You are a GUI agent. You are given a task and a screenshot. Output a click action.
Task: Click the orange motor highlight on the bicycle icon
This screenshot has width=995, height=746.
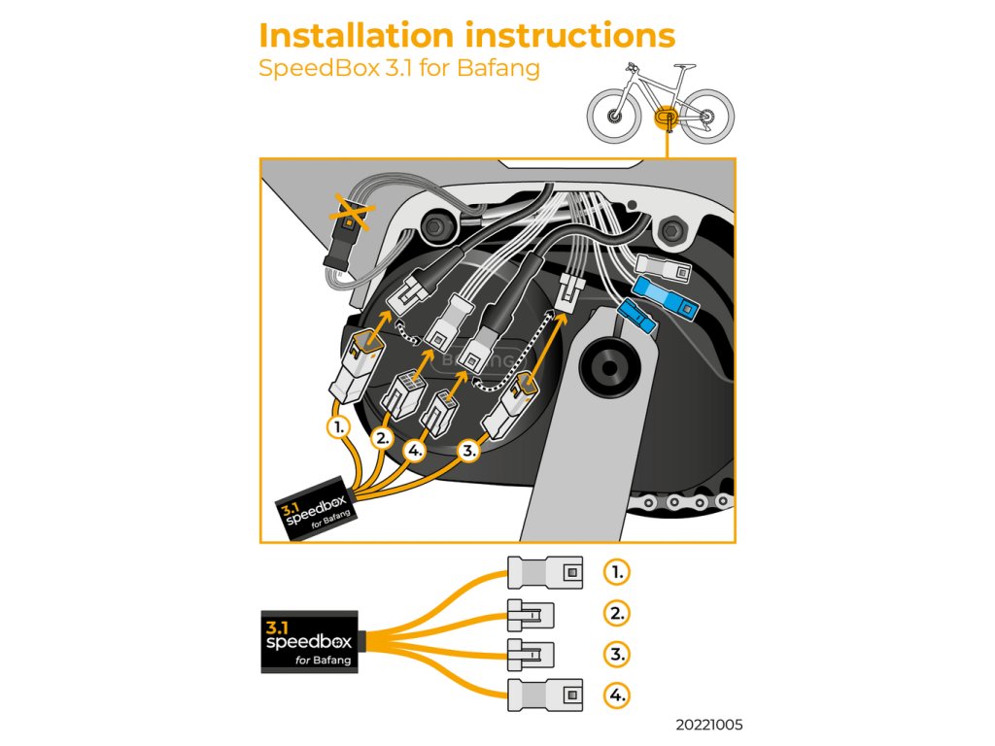(x=666, y=117)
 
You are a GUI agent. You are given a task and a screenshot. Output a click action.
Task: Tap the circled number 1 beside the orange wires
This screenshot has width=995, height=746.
(x=337, y=425)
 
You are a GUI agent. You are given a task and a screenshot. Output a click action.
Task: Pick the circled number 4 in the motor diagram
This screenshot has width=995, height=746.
(x=416, y=451)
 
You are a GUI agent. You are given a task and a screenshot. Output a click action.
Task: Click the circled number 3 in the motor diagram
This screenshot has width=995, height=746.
(x=469, y=451)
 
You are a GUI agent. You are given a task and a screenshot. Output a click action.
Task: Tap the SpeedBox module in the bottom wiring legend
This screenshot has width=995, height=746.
(x=308, y=641)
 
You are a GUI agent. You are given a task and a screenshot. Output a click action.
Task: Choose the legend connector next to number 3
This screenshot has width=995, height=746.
(x=531, y=653)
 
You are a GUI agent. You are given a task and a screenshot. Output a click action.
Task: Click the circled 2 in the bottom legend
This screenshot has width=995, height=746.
(x=616, y=613)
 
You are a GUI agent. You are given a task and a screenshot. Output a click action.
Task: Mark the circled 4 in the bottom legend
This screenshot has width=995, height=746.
(x=616, y=695)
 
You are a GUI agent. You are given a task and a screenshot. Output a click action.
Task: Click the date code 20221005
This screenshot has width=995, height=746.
(x=710, y=725)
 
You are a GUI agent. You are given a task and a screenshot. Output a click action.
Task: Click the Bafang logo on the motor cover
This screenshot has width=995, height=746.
(x=476, y=360)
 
